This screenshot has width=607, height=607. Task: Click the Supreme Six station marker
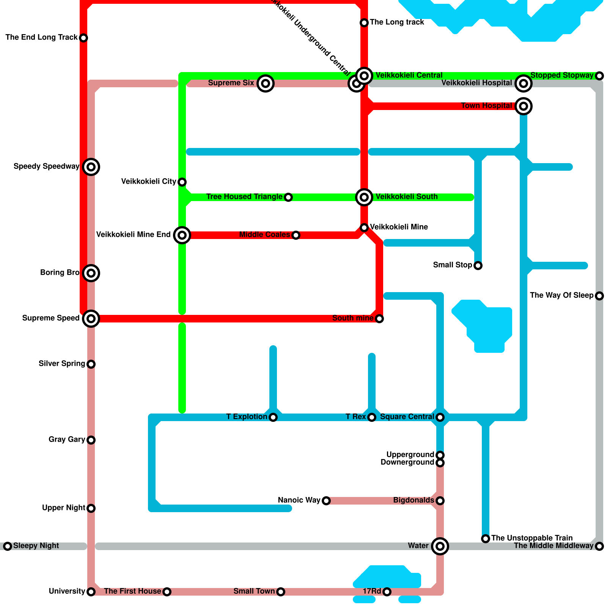tap(266, 83)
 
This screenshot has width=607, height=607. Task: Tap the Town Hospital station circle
tap(524, 106)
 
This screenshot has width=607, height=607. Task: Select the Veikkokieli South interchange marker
tap(364, 197)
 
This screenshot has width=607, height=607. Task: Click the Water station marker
tap(440, 546)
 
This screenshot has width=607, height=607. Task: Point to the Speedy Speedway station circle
tap(91, 167)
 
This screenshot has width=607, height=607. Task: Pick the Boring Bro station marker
tap(91, 273)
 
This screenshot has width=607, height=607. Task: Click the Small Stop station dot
tap(478, 266)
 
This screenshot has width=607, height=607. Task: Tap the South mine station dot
tap(379, 319)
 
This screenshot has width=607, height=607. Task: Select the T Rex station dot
tap(372, 417)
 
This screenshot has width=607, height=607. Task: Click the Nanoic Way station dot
tap(326, 501)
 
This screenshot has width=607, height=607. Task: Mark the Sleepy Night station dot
tap(8, 546)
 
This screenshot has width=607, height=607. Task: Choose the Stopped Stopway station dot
tap(599, 76)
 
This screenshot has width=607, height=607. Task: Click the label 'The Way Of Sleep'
tap(561, 295)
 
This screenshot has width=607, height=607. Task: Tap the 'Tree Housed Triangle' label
tap(244, 197)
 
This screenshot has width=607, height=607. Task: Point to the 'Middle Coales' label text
tap(264, 234)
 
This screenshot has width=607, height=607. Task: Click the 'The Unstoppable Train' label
tap(532, 538)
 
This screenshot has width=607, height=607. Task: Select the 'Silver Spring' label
tap(62, 363)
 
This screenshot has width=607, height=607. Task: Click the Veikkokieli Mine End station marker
tap(182, 235)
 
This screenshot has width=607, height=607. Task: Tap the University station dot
tap(91, 592)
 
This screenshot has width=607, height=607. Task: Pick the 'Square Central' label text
tap(407, 417)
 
